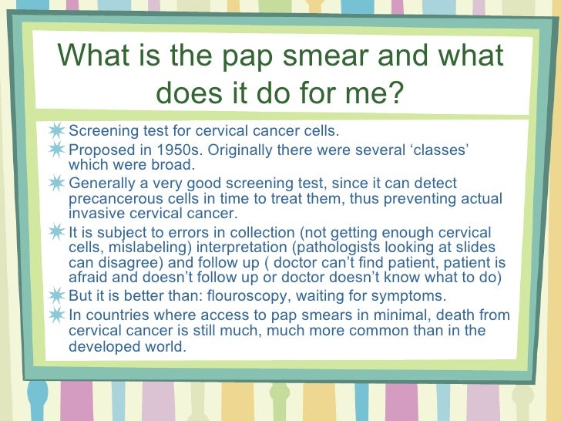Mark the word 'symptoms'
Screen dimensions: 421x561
407,297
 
